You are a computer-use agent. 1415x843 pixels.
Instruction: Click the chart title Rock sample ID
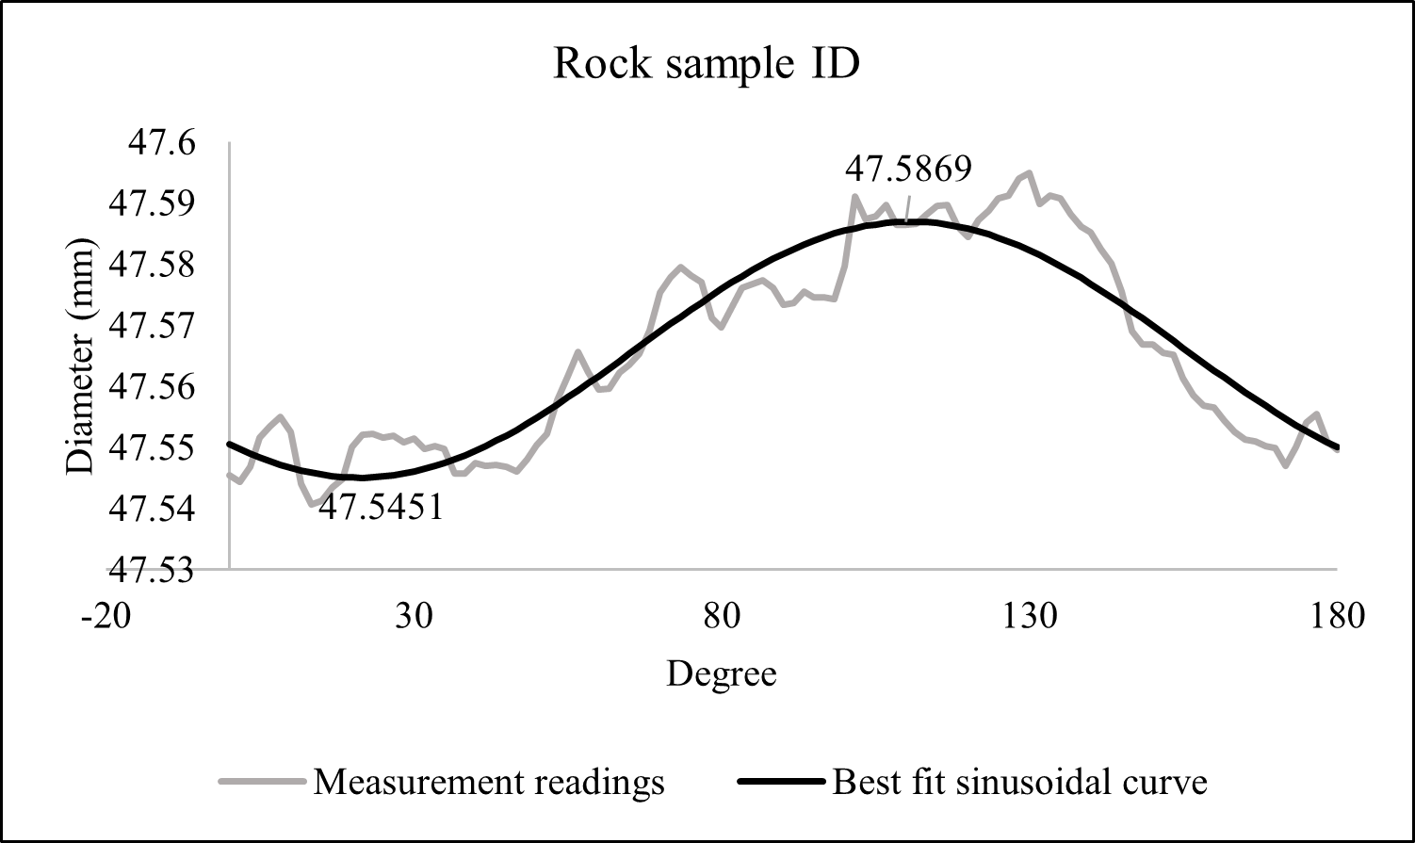click(707, 65)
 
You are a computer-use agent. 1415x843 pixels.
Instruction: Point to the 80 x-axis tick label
click(721, 617)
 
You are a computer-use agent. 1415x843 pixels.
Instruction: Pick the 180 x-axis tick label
click(1337, 617)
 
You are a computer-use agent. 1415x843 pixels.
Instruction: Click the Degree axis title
click(722, 674)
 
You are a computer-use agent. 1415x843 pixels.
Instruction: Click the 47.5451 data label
click(381, 509)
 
